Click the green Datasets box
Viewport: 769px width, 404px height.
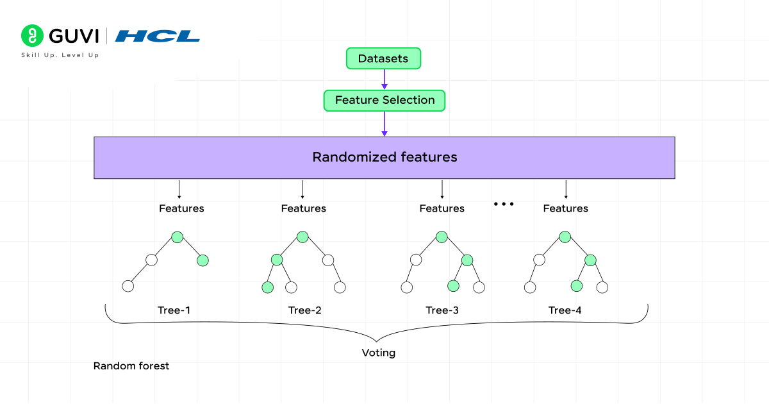pos(383,58)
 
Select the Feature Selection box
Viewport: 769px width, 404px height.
pos(384,100)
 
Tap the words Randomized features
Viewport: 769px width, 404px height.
pos(384,157)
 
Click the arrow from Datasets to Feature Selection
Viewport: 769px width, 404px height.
pos(384,79)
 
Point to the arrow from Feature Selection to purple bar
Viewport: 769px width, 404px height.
pos(384,123)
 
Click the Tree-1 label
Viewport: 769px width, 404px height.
pos(174,310)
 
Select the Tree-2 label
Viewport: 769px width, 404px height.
pos(304,310)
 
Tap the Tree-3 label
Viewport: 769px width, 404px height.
pos(442,310)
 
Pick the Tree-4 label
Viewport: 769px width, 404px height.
pos(565,310)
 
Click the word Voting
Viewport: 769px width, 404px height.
pos(378,353)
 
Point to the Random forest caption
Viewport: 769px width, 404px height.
pos(131,366)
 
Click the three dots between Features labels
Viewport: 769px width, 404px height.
pos(504,204)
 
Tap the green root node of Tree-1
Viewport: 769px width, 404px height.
pos(178,237)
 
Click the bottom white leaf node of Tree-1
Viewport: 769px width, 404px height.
pos(128,286)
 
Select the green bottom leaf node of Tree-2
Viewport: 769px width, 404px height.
pos(267,287)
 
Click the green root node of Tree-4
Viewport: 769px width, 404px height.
pos(565,237)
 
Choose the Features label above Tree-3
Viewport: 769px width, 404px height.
pos(442,208)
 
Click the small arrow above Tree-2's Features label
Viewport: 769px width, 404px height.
pos(302,189)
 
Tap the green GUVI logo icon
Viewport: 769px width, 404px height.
pos(31,35)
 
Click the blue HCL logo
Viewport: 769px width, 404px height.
pos(158,36)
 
